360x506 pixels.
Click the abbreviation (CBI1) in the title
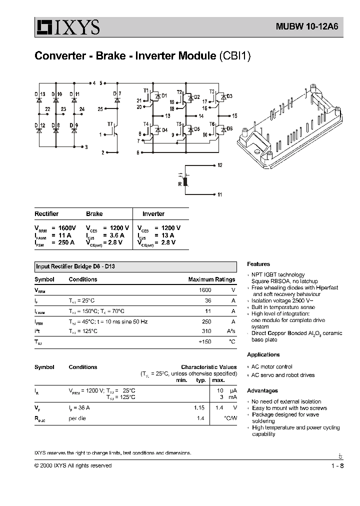(234, 55)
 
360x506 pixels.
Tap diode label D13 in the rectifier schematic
(40, 94)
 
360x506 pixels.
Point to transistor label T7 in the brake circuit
(110, 123)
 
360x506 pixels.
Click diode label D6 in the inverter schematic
(229, 128)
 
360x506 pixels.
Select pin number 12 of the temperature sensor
(219, 164)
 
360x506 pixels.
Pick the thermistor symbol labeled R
(185, 180)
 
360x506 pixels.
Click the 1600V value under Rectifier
(64, 227)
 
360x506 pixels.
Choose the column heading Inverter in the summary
(153, 214)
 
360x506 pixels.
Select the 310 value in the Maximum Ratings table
(206, 331)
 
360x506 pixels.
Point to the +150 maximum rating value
(205, 342)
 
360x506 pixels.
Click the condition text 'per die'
(77, 418)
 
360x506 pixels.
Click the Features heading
(258, 264)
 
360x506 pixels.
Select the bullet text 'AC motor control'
(271, 366)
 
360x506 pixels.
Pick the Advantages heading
(262, 390)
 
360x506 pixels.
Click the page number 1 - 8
(337, 466)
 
